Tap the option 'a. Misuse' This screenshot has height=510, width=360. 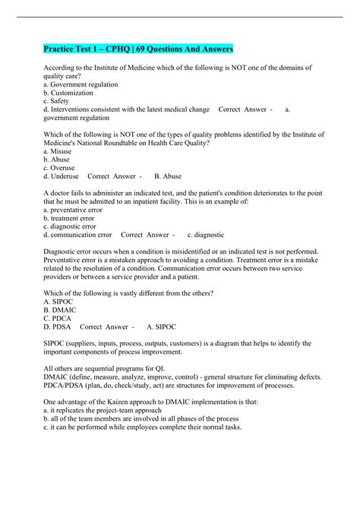tap(61, 151)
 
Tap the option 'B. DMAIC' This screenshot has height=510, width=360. tap(62, 310)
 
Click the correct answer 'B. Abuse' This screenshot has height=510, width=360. tap(168, 176)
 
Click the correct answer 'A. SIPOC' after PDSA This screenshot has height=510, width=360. tap(159, 327)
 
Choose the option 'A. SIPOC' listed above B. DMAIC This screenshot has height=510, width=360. tap(60, 302)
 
